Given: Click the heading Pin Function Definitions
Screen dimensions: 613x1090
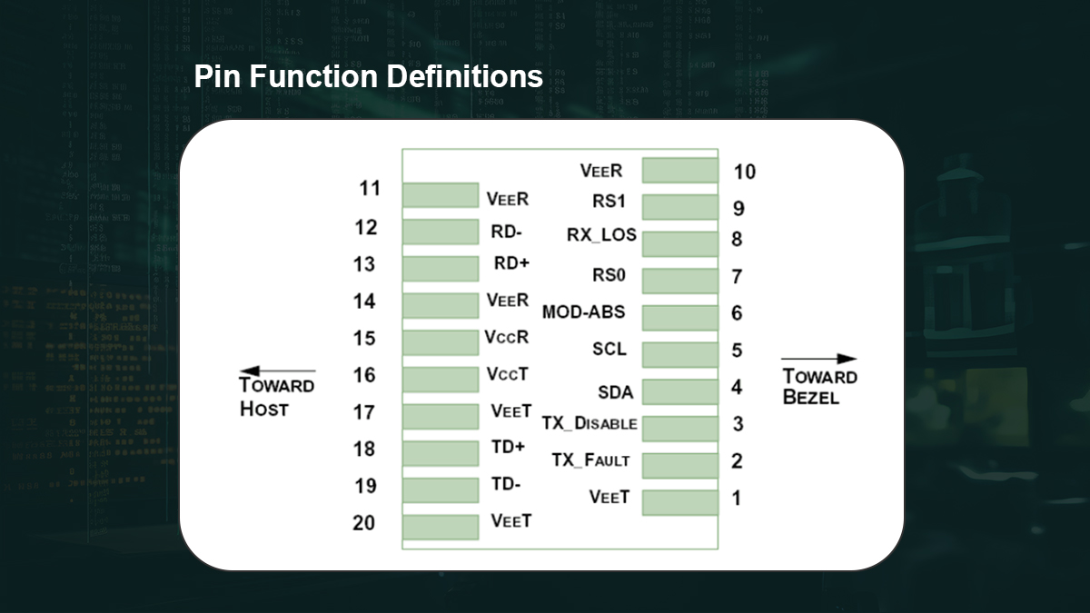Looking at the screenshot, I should (368, 77).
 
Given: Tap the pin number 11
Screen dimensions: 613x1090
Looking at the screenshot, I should (369, 189).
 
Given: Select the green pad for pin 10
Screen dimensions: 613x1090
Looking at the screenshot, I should (679, 171).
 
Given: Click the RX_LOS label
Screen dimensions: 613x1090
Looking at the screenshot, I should (601, 235).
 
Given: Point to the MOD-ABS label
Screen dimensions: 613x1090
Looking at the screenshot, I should (583, 312).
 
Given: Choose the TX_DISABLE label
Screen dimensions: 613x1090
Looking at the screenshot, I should (590, 424).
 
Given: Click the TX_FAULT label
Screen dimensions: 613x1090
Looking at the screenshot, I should (590, 460).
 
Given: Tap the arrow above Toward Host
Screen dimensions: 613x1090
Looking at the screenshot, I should (277, 371).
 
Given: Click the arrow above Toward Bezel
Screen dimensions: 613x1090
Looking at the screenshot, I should (818, 360).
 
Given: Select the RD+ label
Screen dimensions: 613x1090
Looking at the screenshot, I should (511, 263).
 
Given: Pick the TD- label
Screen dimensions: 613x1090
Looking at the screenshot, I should (506, 484).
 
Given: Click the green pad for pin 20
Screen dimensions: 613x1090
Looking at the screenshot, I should (440, 527).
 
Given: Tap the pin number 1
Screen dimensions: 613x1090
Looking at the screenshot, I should (736, 498).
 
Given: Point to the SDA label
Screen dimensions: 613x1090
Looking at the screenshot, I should (615, 393).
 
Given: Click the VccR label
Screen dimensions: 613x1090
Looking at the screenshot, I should (507, 337).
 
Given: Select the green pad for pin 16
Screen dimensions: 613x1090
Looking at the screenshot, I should (440, 379).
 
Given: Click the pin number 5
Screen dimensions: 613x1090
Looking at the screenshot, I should (737, 351).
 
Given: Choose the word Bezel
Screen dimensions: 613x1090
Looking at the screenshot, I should (812, 397).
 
